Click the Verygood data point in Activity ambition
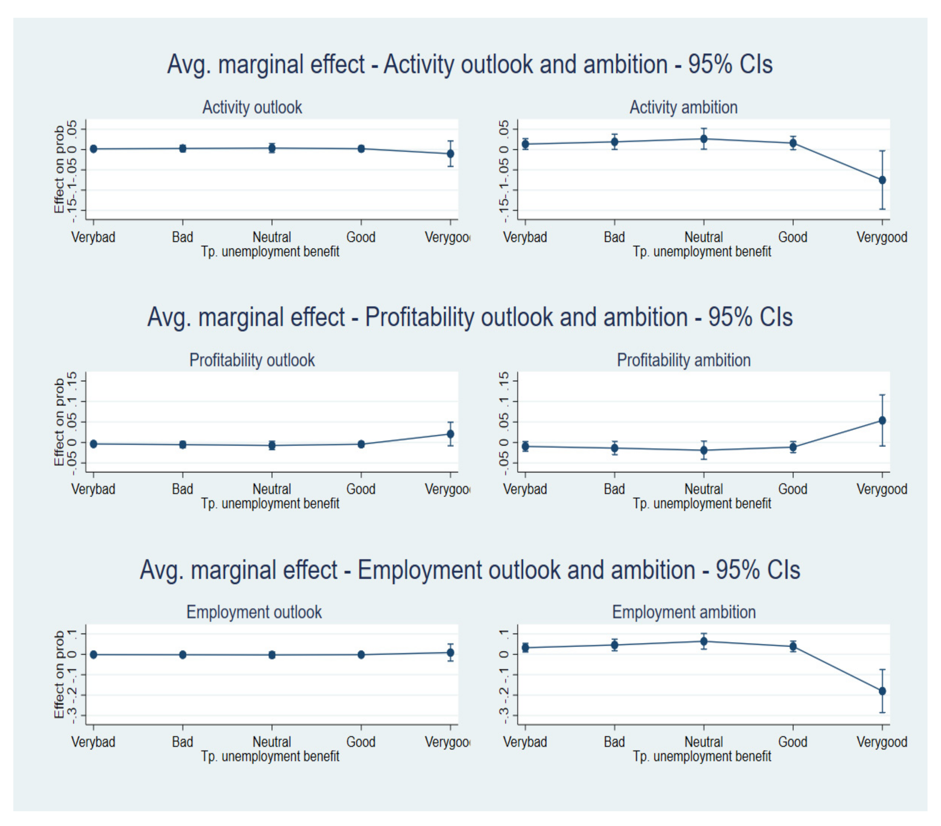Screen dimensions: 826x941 pyautogui.click(x=882, y=180)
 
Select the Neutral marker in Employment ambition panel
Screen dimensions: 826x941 pyautogui.click(x=704, y=641)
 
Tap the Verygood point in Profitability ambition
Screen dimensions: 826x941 pyautogui.click(x=882, y=420)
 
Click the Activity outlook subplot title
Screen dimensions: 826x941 pyautogui.click(x=252, y=107)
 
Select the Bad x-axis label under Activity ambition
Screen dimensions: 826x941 pyautogui.click(x=614, y=237)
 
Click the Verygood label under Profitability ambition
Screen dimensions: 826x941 pyautogui.click(x=881, y=489)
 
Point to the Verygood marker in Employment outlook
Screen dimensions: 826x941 pyautogui.click(x=450, y=652)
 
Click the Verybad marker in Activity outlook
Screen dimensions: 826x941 pyautogui.click(x=93, y=149)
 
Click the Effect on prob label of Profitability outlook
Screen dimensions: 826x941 pyautogui.click(x=59, y=422)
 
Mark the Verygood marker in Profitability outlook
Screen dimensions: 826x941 pyautogui.click(x=450, y=434)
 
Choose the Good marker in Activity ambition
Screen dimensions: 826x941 pyautogui.click(x=793, y=143)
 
